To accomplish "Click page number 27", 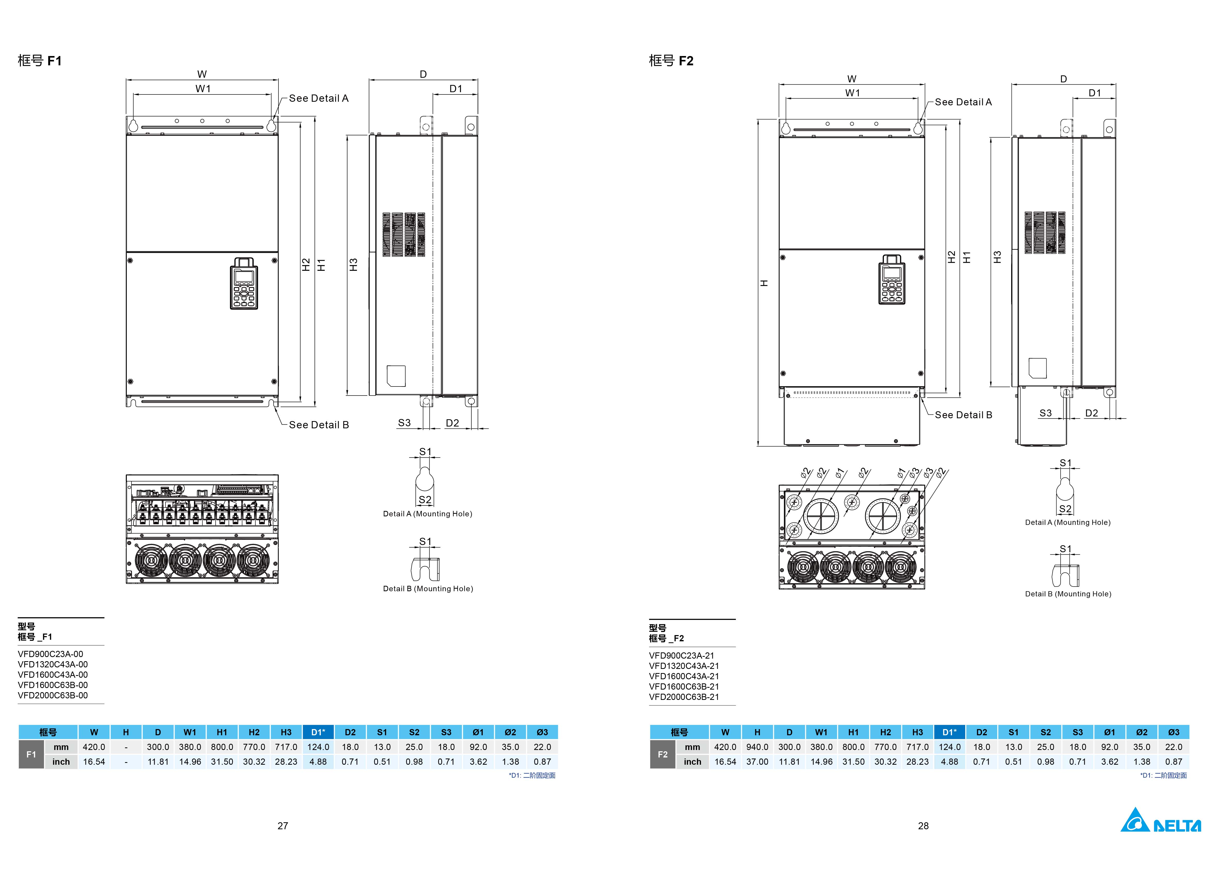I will coord(283,826).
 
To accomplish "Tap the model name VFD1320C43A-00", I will coord(52,664).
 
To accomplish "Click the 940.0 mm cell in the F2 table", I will coord(757,747).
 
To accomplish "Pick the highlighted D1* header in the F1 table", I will coord(318,732).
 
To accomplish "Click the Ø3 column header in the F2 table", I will coord(1173,732).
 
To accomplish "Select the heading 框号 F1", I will coord(40,60).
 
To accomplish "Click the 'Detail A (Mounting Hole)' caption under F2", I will coord(1067,522).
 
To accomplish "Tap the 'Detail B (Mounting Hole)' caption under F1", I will coord(428,589).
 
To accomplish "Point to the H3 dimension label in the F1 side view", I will coord(353,264).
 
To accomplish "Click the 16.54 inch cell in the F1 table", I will coord(94,761).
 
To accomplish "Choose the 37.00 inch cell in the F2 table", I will coord(757,761).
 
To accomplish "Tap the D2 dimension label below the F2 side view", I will coord(1091,413).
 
